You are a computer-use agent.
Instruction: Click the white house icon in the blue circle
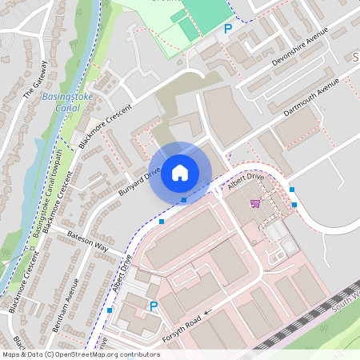(x=180, y=173)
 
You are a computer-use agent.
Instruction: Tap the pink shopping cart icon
(x=255, y=203)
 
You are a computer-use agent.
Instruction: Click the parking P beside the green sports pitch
(x=227, y=29)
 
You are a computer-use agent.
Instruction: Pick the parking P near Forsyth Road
(x=154, y=306)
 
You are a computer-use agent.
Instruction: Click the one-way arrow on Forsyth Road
(x=206, y=312)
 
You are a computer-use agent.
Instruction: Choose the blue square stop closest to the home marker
(x=183, y=199)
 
